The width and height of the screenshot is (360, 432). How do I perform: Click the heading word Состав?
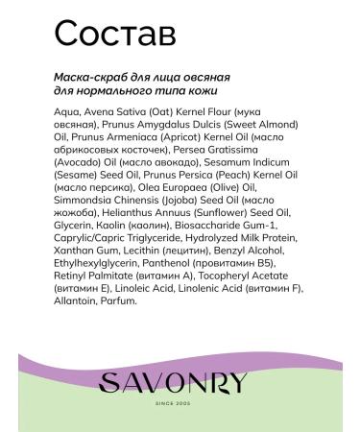pyautogui.click(x=114, y=33)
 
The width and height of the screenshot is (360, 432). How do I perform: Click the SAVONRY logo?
pyautogui.click(x=180, y=381)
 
